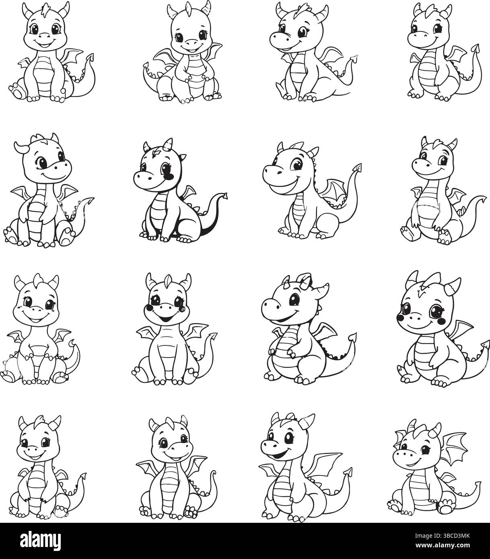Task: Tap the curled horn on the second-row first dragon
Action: click(x=19, y=147)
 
